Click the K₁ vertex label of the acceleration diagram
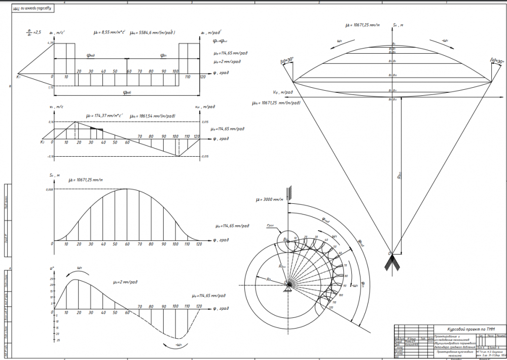point(18,77)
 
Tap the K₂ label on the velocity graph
point(42,141)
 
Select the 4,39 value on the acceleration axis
point(50,43)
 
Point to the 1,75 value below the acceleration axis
point(50,88)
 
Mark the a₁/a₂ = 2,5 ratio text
point(32,33)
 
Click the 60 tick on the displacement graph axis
point(128,244)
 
